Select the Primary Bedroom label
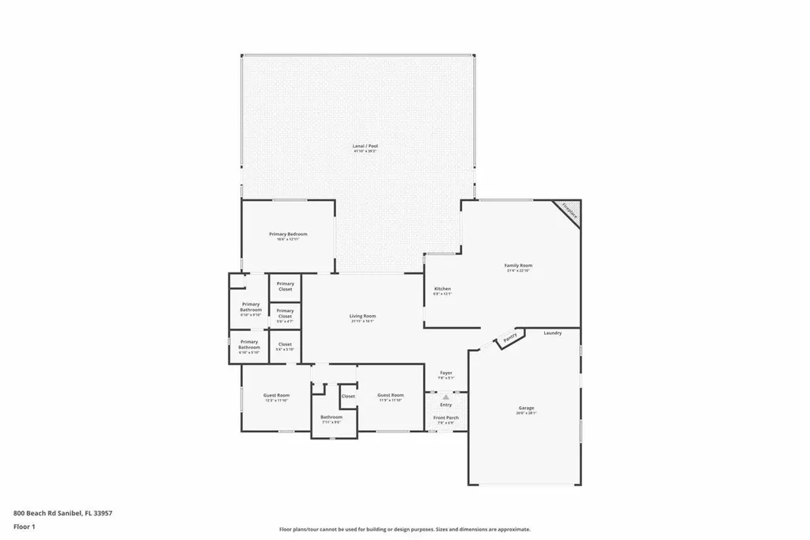288,234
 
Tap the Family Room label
518,266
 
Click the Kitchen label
442,289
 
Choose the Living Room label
362,316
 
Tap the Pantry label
510,339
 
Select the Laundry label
553,333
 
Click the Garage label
525,408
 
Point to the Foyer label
446,372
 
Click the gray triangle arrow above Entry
446,396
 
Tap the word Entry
446,405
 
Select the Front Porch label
446,417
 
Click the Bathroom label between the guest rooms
331,417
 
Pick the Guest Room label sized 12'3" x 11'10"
276,395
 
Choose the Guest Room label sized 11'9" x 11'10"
390,395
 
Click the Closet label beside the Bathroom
348,396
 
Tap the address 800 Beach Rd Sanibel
62,513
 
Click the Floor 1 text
25,526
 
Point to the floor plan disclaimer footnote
404,530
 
